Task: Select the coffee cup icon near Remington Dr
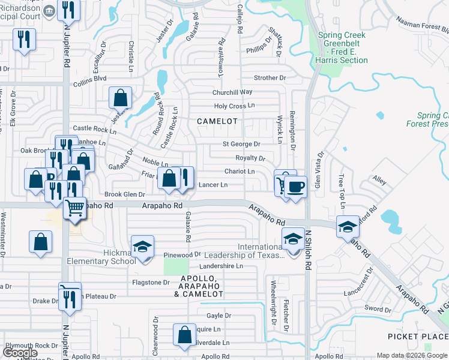(x=295, y=186)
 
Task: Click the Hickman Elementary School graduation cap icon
(x=143, y=248)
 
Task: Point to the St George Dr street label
(x=241, y=144)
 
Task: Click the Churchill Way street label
(x=232, y=92)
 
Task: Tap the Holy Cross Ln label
(x=235, y=106)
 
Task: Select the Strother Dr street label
(x=270, y=78)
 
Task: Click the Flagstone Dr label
(x=151, y=282)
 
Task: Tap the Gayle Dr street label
(x=218, y=315)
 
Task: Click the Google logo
(x=20, y=352)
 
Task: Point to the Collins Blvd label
(x=89, y=78)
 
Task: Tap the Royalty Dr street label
(x=250, y=158)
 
